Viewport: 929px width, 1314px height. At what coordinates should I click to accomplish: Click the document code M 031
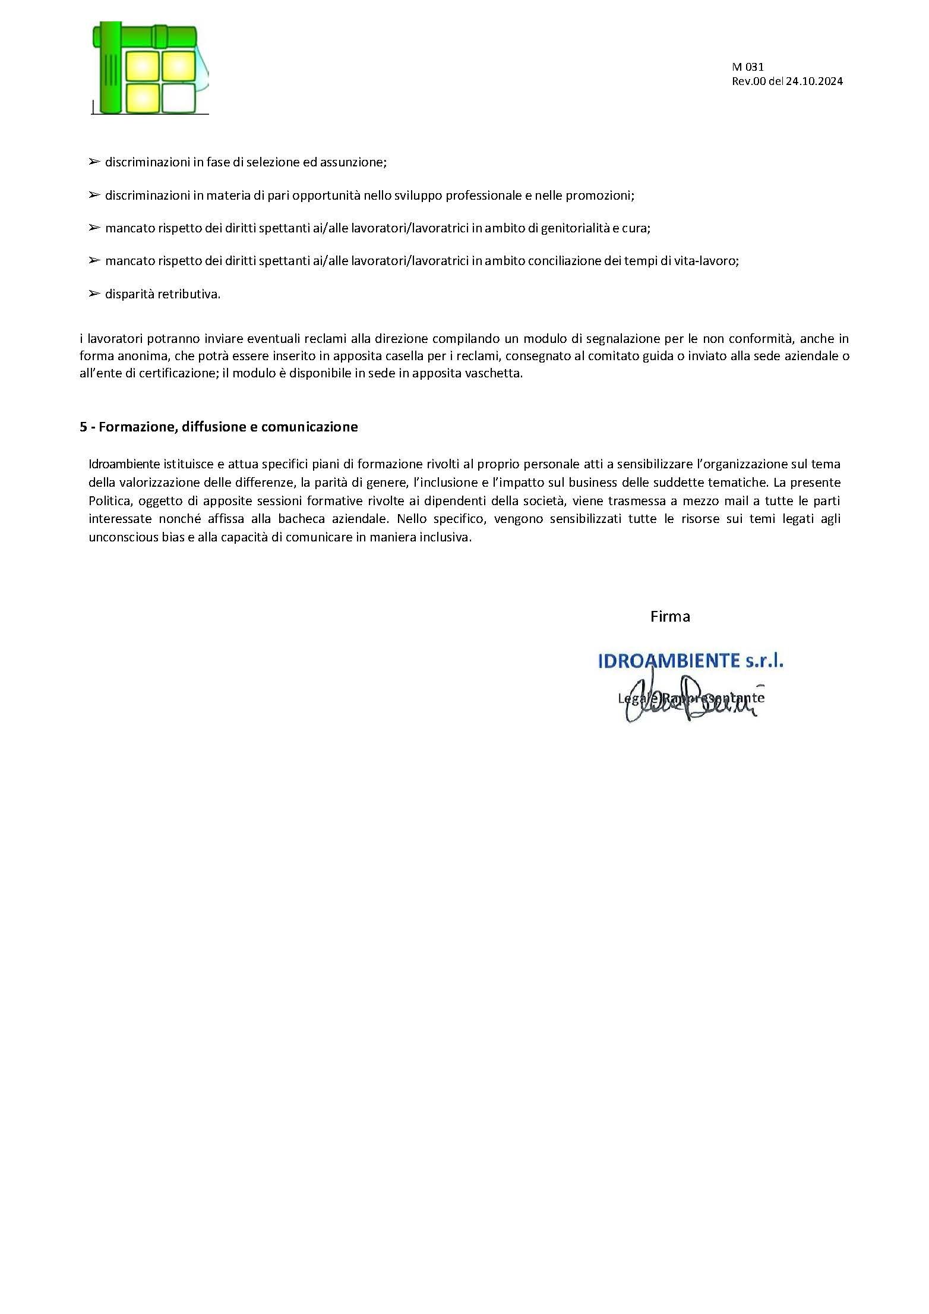click(x=747, y=67)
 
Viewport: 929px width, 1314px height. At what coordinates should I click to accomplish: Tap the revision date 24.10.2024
click(x=814, y=82)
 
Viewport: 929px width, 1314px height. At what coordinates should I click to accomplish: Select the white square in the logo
click(x=178, y=98)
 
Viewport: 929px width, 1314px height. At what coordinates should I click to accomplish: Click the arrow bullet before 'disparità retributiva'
click(x=93, y=294)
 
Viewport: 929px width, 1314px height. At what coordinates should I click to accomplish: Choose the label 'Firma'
click(x=670, y=616)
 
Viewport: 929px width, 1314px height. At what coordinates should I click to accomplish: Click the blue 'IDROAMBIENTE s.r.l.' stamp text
click(x=690, y=661)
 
